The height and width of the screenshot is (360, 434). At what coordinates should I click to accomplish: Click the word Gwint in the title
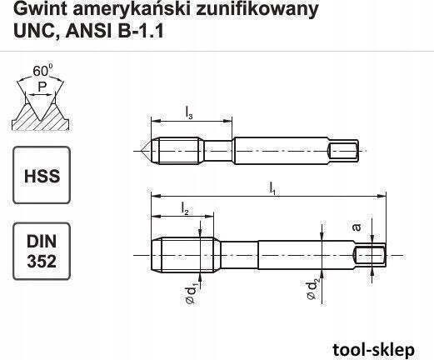point(40,9)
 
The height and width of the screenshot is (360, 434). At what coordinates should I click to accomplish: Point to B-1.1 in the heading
point(141,31)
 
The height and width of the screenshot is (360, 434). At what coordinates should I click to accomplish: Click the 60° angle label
point(42,71)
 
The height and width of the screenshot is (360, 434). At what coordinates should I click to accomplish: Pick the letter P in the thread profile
point(42,87)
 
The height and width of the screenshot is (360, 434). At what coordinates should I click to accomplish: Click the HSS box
point(42,175)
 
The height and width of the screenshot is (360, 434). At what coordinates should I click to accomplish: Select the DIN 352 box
point(42,251)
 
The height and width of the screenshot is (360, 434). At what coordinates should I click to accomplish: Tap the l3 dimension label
point(189,113)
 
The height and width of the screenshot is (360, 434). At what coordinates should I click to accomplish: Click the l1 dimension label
point(272,188)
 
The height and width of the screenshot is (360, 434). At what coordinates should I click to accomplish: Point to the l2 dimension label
point(185,208)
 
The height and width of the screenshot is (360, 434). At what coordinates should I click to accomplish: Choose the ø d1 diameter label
point(192,294)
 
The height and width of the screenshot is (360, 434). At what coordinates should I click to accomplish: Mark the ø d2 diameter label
point(313,290)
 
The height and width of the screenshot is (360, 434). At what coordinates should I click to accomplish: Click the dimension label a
point(357,227)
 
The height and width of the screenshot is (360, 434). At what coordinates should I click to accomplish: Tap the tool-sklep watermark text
point(373,350)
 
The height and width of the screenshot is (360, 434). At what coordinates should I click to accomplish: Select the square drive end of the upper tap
point(343,151)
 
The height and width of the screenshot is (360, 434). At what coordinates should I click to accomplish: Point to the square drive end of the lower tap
point(371,255)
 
